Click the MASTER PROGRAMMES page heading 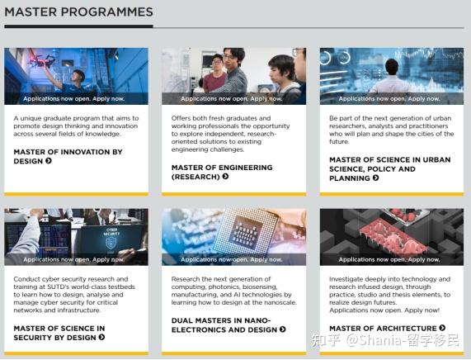pos(79,12)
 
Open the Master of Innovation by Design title pos(68,156)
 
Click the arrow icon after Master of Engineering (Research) pos(225,177)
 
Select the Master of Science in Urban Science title pos(390,168)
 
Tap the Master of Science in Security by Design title pos(59,333)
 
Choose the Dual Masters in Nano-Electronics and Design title pos(228,325)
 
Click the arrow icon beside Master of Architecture pos(442,328)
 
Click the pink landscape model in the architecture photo pos(393,239)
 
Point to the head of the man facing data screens pos(392,67)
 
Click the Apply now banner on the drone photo pos(74,98)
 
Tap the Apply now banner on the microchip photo pos(232,259)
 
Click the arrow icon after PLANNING pos(375,178)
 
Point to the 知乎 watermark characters pos(327,340)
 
